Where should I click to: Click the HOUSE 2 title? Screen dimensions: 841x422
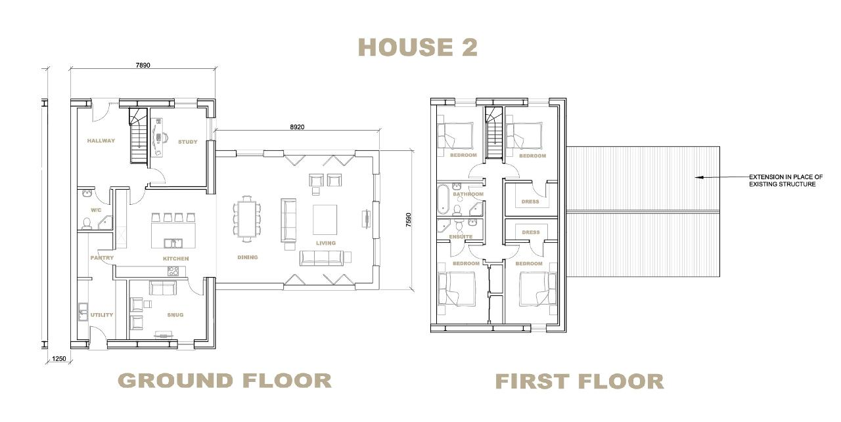pos(417,47)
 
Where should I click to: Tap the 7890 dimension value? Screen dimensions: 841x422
pos(143,65)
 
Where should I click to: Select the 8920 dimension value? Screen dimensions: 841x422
pos(297,127)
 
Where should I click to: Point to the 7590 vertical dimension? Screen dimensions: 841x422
pos(409,220)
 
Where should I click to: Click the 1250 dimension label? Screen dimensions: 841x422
pos(59,358)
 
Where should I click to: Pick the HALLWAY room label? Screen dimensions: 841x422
pos(101,140)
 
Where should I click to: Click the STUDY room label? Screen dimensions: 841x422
pos(188,142)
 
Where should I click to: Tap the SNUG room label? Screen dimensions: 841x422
pos(175,315)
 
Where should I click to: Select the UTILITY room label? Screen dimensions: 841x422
pos(102,315)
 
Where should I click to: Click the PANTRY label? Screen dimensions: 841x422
pos(102,258)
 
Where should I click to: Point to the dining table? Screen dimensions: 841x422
pos(246,219)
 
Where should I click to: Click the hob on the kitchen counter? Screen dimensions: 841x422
pos(173,271)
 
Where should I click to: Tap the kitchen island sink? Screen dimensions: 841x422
pos(173,244)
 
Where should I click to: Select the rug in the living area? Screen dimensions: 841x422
pos(325,220)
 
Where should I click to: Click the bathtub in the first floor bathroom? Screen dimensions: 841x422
pos(443,198)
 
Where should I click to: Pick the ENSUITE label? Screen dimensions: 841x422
pos(461,237)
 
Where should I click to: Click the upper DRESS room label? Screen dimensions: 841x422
pos(530,201)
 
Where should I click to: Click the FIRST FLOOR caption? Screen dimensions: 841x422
pos(580,381)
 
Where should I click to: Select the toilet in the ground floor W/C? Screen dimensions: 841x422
pos(87,224)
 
